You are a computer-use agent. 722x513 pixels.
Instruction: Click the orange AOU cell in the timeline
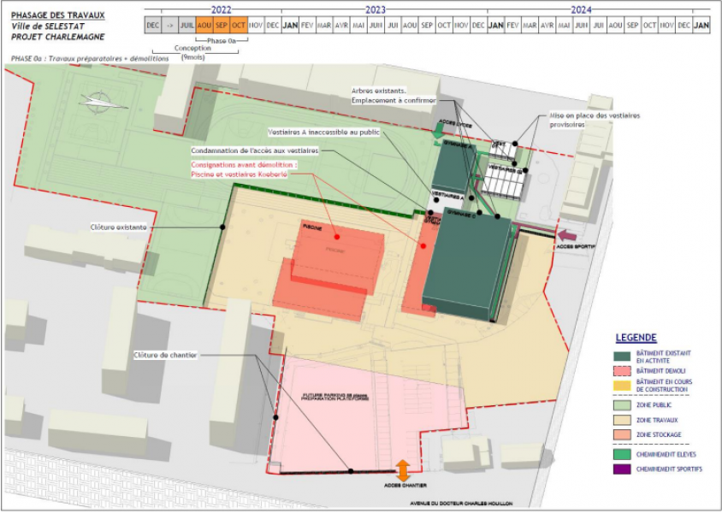[x=204, y=26]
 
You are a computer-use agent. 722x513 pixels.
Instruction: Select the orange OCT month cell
[x=239, y=26]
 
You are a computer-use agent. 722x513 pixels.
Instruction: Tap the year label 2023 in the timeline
[x=376, y=9]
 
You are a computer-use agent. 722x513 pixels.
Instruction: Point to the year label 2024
[x=581, y=9]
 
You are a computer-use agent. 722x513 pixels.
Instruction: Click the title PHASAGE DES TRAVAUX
[x=57, y=15]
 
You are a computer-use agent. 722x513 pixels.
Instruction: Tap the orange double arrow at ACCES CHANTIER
[x=402, y=470]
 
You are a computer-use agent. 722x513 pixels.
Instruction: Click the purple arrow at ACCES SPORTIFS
[x=566, y=233]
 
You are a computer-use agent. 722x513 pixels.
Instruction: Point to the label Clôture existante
[x=119, y=227]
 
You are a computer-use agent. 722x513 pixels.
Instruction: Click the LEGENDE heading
[x=636, y=338]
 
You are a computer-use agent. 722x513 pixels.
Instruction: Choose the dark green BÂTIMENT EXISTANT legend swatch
[x=622, y=356]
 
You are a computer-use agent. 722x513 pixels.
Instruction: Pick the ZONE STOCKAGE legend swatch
[x=622, y=435]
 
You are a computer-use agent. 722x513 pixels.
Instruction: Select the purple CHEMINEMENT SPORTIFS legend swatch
[x=622, y=469]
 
